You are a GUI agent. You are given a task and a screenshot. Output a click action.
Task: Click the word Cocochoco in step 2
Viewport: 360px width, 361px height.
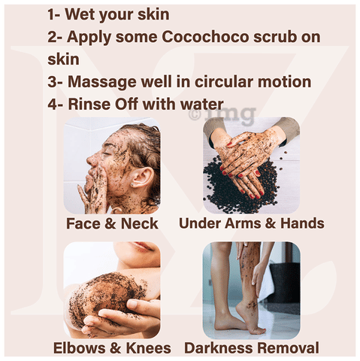click(205, 37)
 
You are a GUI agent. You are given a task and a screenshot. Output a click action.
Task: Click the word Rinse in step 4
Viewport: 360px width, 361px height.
click(89, 104)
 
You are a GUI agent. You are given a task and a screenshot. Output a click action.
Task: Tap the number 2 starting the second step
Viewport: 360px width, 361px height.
click(52, 37)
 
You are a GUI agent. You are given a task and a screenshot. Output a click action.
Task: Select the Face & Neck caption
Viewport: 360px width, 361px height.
click(112, 223)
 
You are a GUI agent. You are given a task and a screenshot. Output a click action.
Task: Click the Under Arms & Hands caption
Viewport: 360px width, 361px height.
click(252, 223)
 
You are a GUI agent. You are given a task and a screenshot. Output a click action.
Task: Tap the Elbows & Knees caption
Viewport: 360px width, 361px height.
click(112, 348)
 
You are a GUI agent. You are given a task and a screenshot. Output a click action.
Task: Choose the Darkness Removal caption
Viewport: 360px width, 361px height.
click(252, 348)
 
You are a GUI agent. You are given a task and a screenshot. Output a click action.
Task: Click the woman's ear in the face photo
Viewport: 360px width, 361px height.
click(141, 177)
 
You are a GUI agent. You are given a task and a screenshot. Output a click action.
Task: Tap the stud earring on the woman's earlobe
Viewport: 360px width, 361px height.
click(132, 185)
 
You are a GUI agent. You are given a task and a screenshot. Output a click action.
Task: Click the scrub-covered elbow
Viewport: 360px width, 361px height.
click(105, 295)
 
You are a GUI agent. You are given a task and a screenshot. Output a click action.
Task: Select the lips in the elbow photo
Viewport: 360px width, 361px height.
click(142, 246)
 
